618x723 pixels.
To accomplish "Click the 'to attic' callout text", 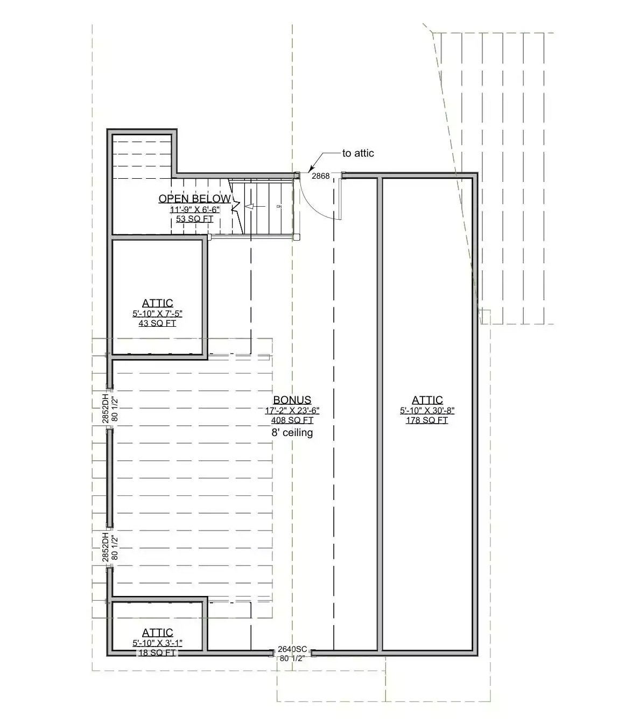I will pyautogui.click(x=358, y=153).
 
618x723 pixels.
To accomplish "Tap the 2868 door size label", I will pyautogui.click(x=321, y=176).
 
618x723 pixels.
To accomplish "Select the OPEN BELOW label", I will pyautogui.click(x=194, y=199).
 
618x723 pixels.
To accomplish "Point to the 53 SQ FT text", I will pyautogui.click(x=194, y=219).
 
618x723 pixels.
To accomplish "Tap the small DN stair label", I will pyautogui.click(x=279, y=206).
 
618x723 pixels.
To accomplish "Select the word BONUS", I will pyautogui.click(x=292, y=400).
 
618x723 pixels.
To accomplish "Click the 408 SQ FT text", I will pyautogui.click(x=292, y=420).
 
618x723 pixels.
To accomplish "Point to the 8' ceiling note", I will pyautogui.click(x=292, y=432).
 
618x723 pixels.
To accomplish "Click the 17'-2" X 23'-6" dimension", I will pyautogui.click(x=292, y=410).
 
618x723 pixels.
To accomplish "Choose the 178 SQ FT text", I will pyautogui.click(x=427, y=420).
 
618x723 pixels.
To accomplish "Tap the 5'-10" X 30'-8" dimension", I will pyautogui.click(x=427, y=410).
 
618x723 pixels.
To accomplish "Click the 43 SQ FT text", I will pyautogui.click(x=157, y=323).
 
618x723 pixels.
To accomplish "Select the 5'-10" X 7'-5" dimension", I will pyautogui.click(x=157, y=313).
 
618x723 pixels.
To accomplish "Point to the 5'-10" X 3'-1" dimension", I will pyautogui.click(x=157, y=643).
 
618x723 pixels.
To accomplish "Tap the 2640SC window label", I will pyautogui.click(x=292, y=649).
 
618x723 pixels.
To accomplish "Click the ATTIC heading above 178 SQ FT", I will pyautogui.click(x=427, y=400).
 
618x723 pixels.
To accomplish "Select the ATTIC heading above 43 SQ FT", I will pyautogui.click(x=157, y=303).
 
